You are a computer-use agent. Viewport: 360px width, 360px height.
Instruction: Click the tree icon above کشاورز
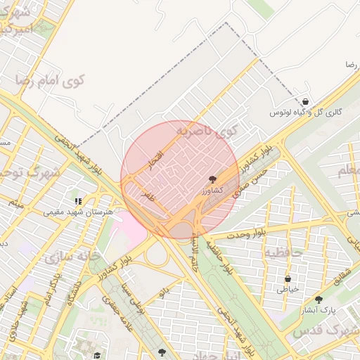point(213,180)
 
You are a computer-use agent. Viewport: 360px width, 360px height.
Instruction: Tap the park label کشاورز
point(212,191)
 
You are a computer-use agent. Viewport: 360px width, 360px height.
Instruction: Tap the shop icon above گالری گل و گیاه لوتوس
point(304,102)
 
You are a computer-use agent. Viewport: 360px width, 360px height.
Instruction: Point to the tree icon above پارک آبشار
point(319,299)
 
